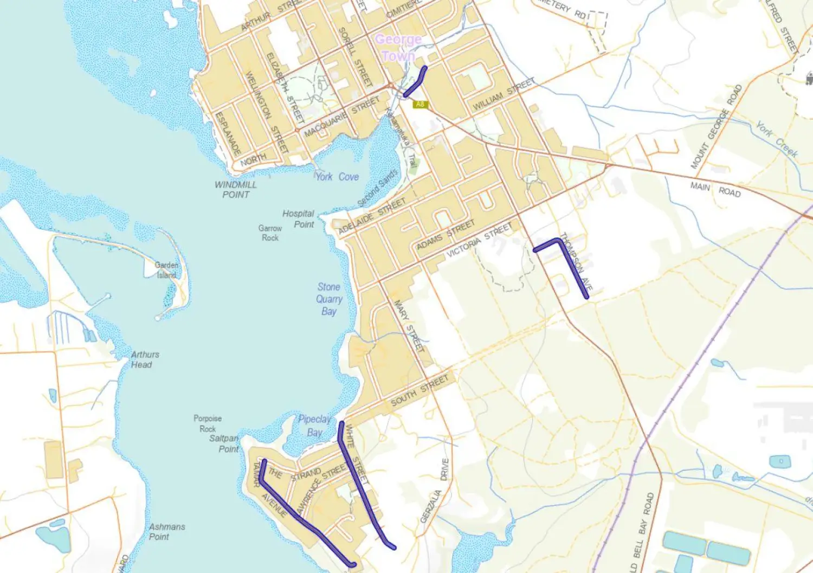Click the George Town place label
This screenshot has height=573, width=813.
pyautogui.click(x=398, y=47)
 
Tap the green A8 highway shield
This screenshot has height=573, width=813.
pyautogui.click(x=420, y=105)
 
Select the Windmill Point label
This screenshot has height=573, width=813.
pyautogui.click(x=236, y=189)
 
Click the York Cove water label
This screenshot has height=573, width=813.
pyautogui.click(x=337, y=177)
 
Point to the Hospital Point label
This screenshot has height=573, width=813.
pyautogui.click(x=299, y=218)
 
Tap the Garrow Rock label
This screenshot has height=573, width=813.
pyautogui.click(x=270, y=233)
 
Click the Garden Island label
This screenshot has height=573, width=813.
pyautogui.click(x=166, y=270)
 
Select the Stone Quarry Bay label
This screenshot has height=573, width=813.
pyautogui.click(x=329, y=299)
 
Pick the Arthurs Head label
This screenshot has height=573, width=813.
pyautogui.click(x=145, y=359)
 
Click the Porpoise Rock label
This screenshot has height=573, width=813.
pyautogui.click(x=208, y=423)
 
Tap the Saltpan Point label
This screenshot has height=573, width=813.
pyautogui.click(x=224, y=443)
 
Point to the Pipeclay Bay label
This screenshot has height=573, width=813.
pyautogui.click(x=314, y=426)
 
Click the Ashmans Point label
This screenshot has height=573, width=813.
pyautogui.click(x=167, y=531)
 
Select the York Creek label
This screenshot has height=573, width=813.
pyautogui.click(x=777, y=139)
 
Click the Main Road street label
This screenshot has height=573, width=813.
pyautogui.click(x=715, y=189)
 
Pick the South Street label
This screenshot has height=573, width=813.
pyautogui.click(x=420, y=391)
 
